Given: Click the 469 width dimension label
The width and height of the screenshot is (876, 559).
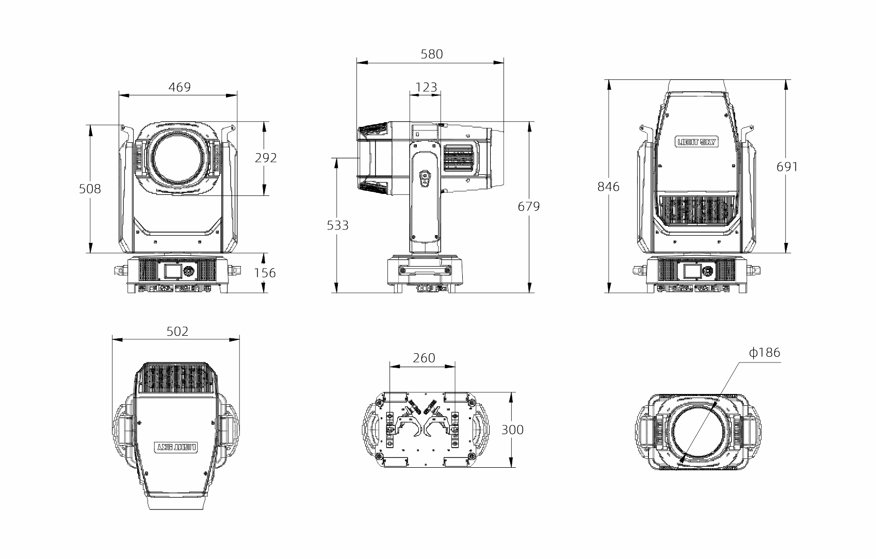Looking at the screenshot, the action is coord(180,87).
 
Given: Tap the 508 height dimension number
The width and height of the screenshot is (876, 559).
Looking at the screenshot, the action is coord(90,189).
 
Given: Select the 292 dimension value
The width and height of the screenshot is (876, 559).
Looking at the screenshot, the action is coord(266,158).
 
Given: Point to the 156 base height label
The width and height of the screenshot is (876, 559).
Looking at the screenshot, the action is coord(265,273).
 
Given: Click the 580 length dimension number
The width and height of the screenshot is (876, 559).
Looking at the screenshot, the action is coord(432,54).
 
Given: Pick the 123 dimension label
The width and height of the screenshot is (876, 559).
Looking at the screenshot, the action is coord(426,87).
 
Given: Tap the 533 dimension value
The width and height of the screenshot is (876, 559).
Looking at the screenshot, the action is coord(337,225).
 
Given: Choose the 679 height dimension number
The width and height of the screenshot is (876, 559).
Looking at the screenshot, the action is coord(529,206).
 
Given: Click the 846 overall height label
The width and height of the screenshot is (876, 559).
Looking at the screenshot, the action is coord(609,187).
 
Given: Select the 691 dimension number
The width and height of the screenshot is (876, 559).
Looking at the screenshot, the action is coord(787,167).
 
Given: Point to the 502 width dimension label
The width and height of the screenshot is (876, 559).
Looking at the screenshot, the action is coord(177,332).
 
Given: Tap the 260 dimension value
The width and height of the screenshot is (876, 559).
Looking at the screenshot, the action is coord(424,358).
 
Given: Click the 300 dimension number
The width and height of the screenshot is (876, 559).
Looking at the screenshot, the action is coord(512,430).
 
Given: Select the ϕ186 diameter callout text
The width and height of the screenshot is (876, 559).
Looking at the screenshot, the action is coord(765,353).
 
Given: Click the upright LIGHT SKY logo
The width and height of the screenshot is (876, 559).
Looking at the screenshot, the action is coord(696,142).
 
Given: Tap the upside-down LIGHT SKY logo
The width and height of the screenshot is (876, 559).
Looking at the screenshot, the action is coord(176,447).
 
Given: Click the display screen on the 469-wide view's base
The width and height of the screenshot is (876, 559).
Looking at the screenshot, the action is coord(172,271).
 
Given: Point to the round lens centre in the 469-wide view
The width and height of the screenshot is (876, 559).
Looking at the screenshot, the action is coord(178,157).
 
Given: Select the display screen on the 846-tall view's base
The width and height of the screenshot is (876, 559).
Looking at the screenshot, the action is coord(692,271).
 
